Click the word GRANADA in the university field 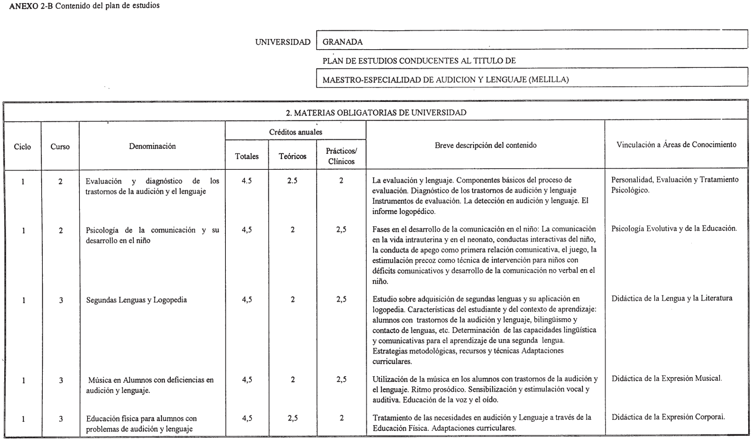[342, 42]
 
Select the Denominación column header [152, 146]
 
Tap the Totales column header [247, 156]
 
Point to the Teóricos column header [292, 156]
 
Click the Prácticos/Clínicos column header [341, 156]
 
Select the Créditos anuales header [295, 132]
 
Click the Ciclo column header [23, 147]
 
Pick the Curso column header [60, 147]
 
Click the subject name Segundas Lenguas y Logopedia [136, 300]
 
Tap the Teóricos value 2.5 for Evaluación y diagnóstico [292, 181]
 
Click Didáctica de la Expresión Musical [666, 379]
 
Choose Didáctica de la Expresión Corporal [668, 417]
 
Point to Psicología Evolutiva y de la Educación [674, 229]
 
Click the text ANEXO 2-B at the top [31, 6]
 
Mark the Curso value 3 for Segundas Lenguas [61, 300]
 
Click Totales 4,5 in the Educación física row [247, 418]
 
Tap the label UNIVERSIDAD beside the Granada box [283, 42]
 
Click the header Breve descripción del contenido [485, 145]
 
